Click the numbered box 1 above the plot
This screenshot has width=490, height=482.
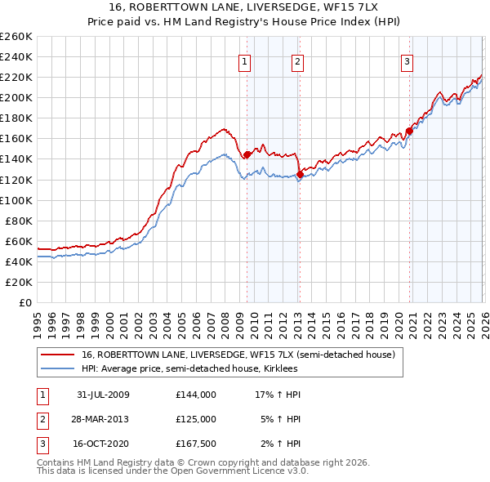point(245,61)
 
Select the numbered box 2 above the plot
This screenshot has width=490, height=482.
point(298,61)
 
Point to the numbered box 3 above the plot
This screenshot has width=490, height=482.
point(407,61)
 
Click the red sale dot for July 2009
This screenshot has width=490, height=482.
point(247,154)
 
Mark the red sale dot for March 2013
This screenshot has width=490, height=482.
point(300,174)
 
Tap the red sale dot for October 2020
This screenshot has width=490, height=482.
point(408,131)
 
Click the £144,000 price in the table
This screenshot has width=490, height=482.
point(195,395)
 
